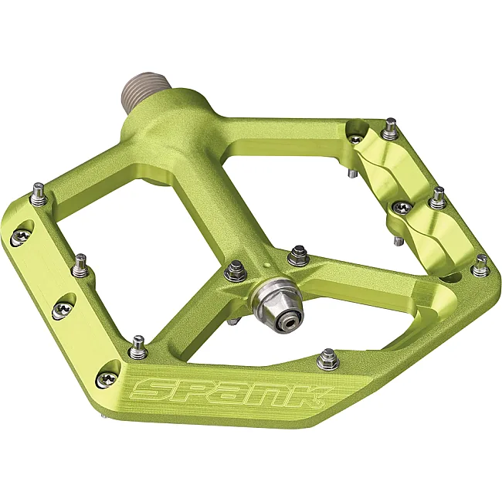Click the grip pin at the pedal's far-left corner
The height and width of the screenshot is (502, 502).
pyautogui.click(x=39, y=194)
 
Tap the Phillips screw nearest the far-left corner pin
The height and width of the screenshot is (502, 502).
pyautogui.click(x=21, y=238)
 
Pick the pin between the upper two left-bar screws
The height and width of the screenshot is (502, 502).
pyautogui.click(x=80, y=266)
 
